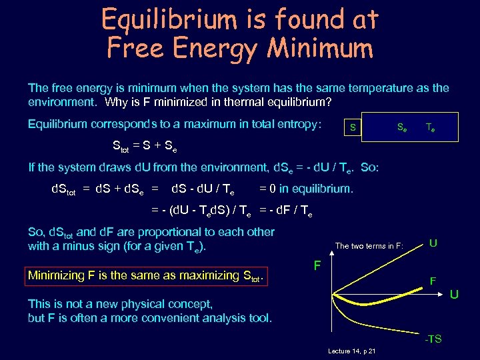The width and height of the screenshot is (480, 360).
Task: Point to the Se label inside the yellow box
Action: (x=403, y=127)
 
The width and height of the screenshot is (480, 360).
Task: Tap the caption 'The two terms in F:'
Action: (x=369, y=246)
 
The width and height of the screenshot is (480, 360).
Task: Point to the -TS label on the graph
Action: (x=433, y=339)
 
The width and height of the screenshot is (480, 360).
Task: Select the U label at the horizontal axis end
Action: (x=453, y=294)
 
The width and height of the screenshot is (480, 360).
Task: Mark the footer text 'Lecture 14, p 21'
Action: (x=352, y=351)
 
